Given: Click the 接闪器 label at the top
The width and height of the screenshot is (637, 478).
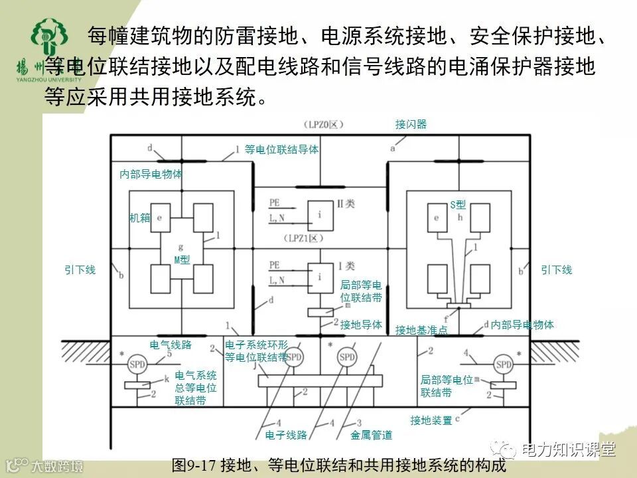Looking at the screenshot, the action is coord(411,124).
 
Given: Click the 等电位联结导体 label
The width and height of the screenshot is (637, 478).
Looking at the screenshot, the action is coord(281,150).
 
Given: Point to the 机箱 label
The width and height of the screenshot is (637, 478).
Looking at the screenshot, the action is coord(139,218).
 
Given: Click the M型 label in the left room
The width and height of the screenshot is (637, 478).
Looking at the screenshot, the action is coord(182,260).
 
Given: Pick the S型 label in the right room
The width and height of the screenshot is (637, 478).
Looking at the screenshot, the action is coord(458,205).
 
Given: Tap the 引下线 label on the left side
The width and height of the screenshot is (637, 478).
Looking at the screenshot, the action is coord(80,270).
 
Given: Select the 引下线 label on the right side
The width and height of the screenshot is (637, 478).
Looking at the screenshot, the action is coord(556,270).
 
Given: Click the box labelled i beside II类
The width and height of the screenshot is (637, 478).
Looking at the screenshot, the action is coord(320,213).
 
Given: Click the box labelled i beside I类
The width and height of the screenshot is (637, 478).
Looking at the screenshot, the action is coord(320,276).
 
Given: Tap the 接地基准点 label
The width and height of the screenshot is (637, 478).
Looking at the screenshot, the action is coord(421,330).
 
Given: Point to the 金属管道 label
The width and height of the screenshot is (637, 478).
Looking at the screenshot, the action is coord(372,436).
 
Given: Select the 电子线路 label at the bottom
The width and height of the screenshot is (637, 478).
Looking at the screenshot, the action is coord(286,436).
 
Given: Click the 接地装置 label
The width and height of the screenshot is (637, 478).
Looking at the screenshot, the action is coord(431,420).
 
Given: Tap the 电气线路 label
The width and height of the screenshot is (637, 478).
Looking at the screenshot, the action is coord(171,345).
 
